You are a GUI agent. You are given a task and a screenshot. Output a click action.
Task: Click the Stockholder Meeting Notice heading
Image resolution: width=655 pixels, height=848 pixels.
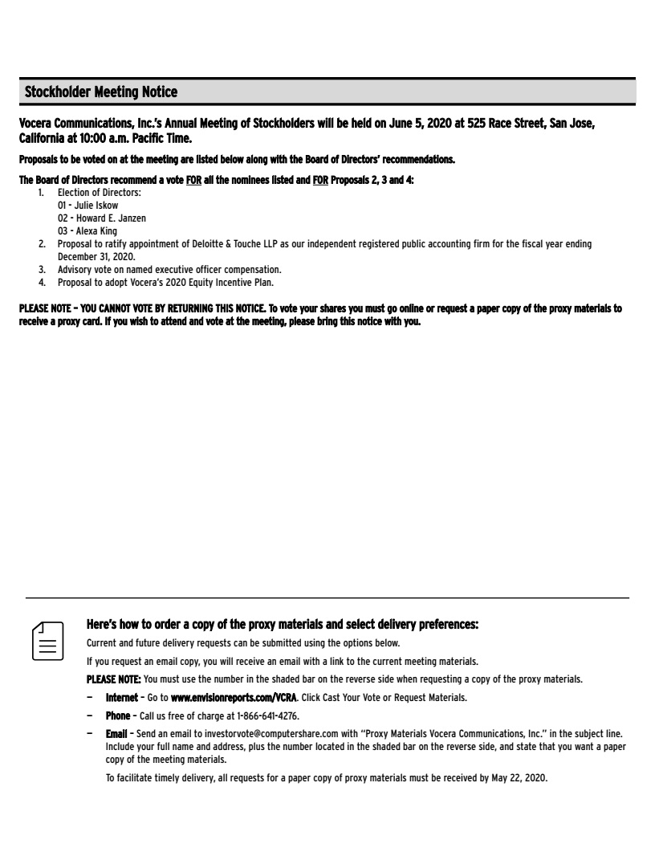tap(101, 92)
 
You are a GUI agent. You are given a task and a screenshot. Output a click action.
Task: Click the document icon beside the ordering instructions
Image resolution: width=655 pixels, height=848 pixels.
tap(47, 640)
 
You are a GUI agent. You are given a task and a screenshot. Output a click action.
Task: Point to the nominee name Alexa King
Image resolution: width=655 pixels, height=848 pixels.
tap(94, 231)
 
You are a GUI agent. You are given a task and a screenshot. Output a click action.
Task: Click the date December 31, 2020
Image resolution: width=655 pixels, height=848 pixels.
tap(96, 256)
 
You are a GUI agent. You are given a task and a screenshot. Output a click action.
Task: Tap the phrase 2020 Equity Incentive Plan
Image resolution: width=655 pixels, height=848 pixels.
tap(214, 282)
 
